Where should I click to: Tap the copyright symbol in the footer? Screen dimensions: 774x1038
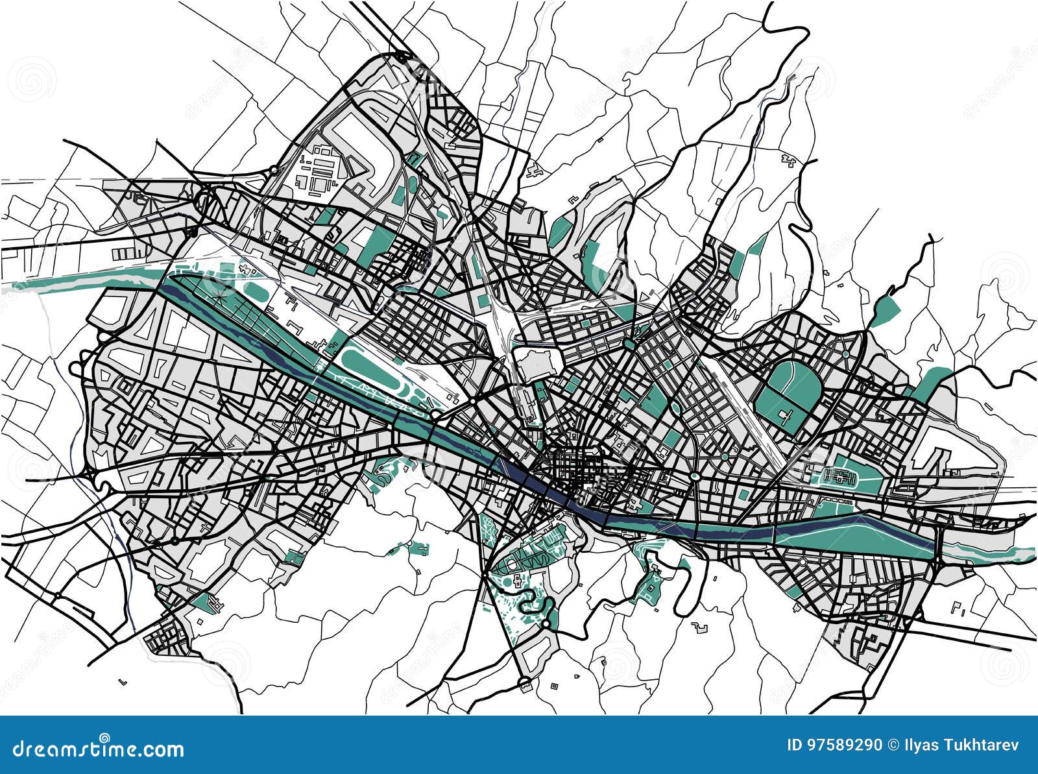pos(893,745)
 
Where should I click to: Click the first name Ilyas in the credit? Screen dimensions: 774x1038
pos(920,745)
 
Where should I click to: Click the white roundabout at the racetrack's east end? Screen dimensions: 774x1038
pos(434,413)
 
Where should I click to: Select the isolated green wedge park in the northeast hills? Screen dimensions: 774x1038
pos(884,310)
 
